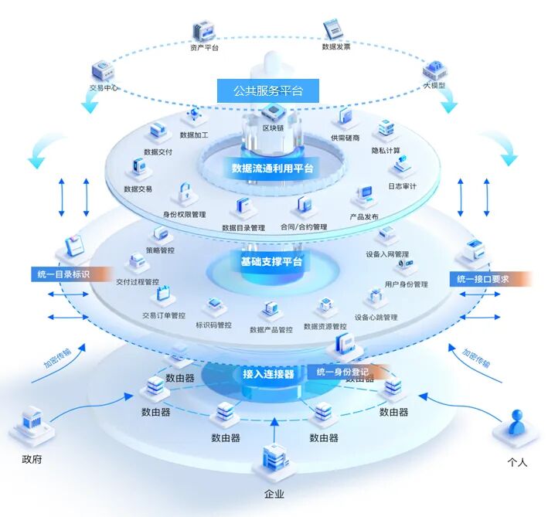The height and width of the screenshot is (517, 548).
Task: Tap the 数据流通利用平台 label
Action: click(x=272, y=168)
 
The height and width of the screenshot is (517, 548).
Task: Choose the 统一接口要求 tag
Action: click(x=484, y=279)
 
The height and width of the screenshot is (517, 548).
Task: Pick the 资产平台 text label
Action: click(x=204, y=47)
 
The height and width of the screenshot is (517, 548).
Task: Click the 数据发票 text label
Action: click(x=336, y=46)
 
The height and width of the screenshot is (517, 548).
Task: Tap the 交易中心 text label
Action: click(x=104, y=87)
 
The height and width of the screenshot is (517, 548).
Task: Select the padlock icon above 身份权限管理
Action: click(x=185, y=193)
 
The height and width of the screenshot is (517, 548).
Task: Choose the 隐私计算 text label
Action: click(x=386, y=150)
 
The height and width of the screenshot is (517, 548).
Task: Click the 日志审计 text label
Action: click(x=402, y=186)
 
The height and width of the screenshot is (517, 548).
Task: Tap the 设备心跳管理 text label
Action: click(x=376, y=317)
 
